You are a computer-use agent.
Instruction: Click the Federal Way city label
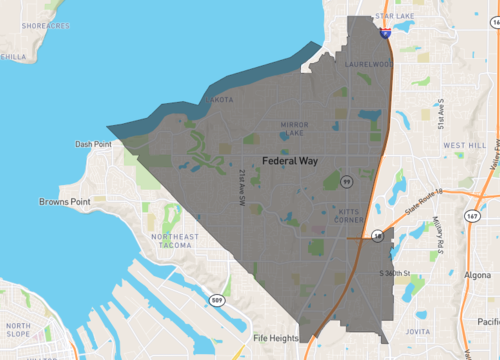pyautogui.click(x=292, y=160)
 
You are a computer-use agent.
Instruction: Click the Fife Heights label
pyautogui.click(x=276, y=338)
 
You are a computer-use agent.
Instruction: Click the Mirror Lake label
pyautogui.click(x=296, y=129)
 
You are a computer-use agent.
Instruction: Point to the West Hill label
pyautogui.click(x=465, y=145)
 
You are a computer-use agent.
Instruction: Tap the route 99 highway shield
pyautogui.click(x=346, y=184)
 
